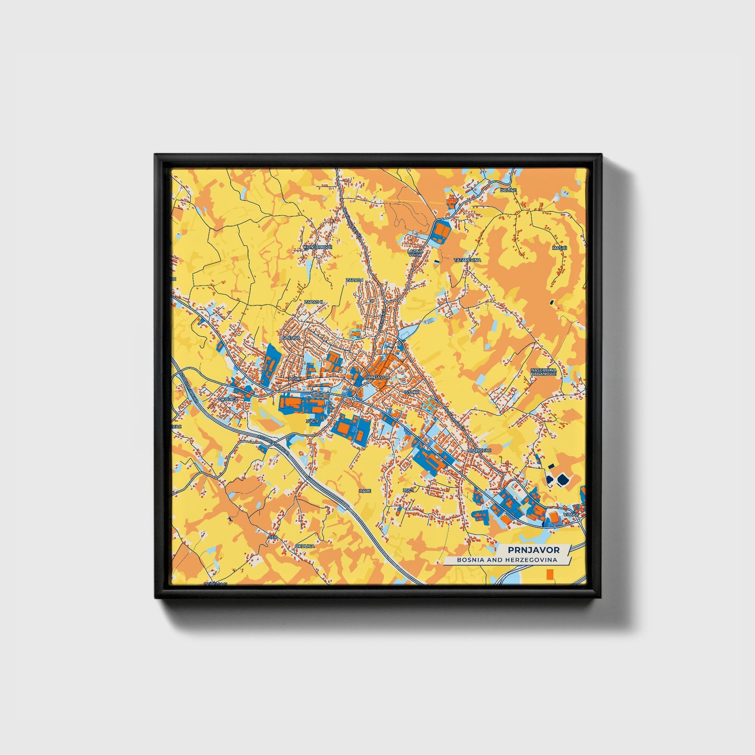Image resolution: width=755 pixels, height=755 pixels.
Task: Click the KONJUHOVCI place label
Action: (318, 247)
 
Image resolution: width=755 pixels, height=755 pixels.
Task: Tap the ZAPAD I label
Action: (354, 280)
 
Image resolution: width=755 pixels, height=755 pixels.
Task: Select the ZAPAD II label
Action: (315, 302)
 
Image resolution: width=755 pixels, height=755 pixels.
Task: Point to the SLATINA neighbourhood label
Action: (291, 338)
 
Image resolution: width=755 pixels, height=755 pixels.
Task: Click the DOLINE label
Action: (508, 191)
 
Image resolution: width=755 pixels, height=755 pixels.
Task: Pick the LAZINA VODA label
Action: (415, 253)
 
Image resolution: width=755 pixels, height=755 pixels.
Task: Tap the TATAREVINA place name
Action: (467, 260)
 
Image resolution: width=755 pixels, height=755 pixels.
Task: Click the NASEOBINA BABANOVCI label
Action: (543, 371)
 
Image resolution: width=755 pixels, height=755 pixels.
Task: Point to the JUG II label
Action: (312, 421)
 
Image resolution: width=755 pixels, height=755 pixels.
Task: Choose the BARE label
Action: (365, 491)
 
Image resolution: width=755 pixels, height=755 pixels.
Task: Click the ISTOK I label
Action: (411, 391)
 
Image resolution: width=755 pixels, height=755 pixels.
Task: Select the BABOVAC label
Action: (480, 450)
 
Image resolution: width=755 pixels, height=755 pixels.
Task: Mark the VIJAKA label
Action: (571, 515)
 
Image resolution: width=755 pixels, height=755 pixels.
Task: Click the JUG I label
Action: (408, 490)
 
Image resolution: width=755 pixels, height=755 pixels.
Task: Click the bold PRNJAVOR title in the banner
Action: (533, 550)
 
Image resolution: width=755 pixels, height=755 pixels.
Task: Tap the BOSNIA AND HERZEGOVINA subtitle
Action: (506, 560)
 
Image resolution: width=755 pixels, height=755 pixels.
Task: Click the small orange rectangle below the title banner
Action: (549, 575)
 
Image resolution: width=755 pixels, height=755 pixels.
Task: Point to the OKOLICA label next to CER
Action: (305, 545)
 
